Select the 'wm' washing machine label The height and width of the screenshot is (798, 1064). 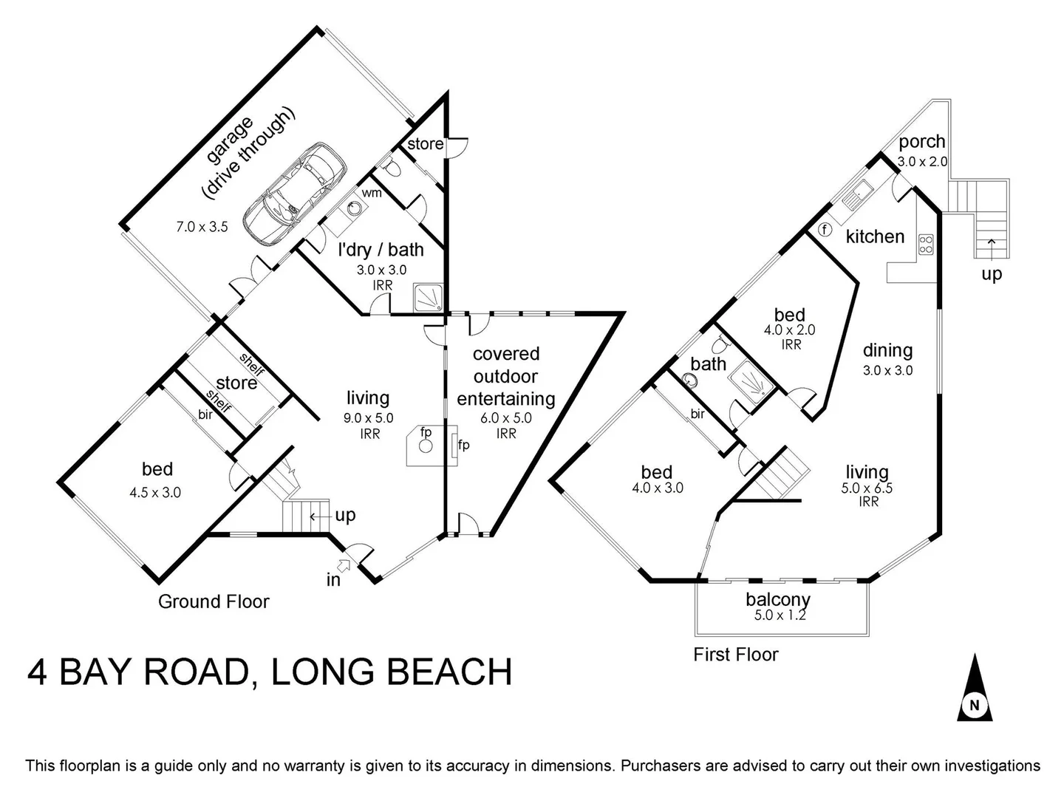click(x=371, y=193)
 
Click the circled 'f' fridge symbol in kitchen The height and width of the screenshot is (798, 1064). click(x=825, y=230)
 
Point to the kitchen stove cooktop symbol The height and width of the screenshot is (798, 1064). click(x=925, y=244)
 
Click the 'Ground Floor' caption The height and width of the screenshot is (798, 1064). click(x=214, y=601)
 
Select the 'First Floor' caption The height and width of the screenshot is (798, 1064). click(x=735, y=654)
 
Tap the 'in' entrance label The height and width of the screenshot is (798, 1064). click(x=334, y=579)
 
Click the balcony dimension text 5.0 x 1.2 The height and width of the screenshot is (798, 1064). click(x=778, y=614)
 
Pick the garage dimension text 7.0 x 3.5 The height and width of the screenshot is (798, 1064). click(x=202, y=227)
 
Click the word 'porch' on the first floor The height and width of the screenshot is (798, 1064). click(x=922, y=141)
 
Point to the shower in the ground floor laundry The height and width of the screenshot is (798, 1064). click(x=429, y=298)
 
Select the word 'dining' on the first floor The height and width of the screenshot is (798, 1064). click(x=887, y=350)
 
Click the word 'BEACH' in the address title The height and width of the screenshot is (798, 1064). click(x=449, y=672)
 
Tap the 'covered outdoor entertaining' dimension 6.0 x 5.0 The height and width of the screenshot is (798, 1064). click(x=506, y=417)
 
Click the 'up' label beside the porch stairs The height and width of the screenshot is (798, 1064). click(x=992, y=274)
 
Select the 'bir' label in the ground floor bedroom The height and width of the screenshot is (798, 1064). click(x=205, y=415)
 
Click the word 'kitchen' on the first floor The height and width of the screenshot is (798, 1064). click(x=875, y=236)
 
